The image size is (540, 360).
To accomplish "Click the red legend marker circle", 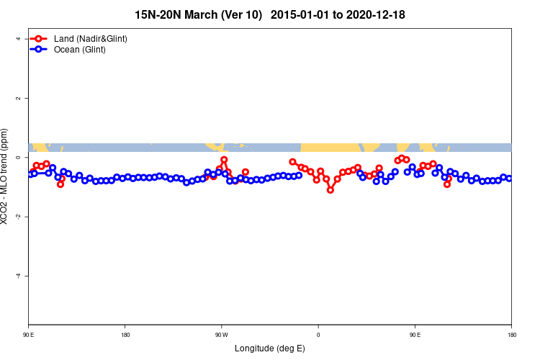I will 40,38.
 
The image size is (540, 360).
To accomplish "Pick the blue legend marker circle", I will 40,50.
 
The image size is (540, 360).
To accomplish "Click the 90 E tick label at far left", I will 29,334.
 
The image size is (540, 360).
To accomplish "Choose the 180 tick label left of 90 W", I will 125,334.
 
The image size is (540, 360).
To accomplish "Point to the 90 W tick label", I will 221,334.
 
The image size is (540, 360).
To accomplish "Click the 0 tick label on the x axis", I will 318,334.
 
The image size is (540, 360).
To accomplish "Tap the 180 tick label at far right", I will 511,334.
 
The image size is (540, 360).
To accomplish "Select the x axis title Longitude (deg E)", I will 270,348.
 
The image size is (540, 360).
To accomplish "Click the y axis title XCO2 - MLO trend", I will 6,176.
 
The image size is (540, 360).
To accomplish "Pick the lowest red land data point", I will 330,190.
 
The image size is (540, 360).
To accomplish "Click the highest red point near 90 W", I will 224,160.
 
